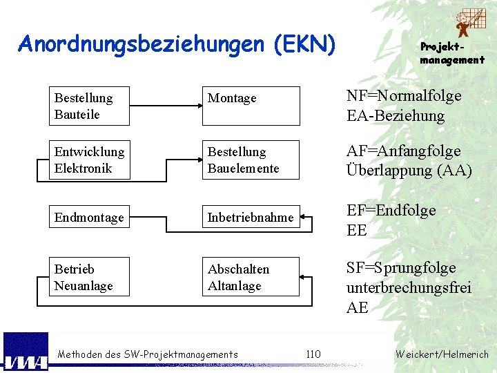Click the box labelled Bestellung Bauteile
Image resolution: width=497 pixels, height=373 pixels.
point(89,106)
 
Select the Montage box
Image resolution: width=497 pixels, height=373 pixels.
point(251,106)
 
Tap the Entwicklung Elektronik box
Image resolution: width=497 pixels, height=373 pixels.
point(89,160)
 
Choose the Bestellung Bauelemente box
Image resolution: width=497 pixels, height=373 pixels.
point(251,160)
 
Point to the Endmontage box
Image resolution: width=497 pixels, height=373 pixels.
point(89,217)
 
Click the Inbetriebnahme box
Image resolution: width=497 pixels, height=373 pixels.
point(251,218)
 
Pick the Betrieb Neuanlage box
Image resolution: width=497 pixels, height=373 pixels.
point(89,277)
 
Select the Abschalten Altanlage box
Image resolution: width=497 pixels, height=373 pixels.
point(251,277)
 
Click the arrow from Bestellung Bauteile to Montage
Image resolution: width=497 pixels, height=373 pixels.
point(166,106)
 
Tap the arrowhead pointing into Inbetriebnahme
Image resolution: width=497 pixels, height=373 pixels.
point(306,217)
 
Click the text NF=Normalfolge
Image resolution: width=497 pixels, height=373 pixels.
point(404,97)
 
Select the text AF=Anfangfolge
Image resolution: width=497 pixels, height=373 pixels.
point(403,151)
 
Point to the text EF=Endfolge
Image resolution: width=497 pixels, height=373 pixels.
point(391,210)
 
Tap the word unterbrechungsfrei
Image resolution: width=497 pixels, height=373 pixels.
point(409,287)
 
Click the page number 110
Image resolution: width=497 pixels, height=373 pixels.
point(313,354)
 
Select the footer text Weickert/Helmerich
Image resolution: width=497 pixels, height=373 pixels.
point(442,354)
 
